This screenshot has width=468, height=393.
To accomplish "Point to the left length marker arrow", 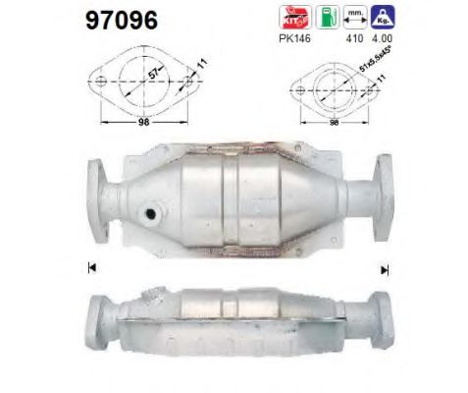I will pyautogui.click(x=91, y=266).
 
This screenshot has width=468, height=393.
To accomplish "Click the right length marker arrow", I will pyautogui.click(x=385, y=267).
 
